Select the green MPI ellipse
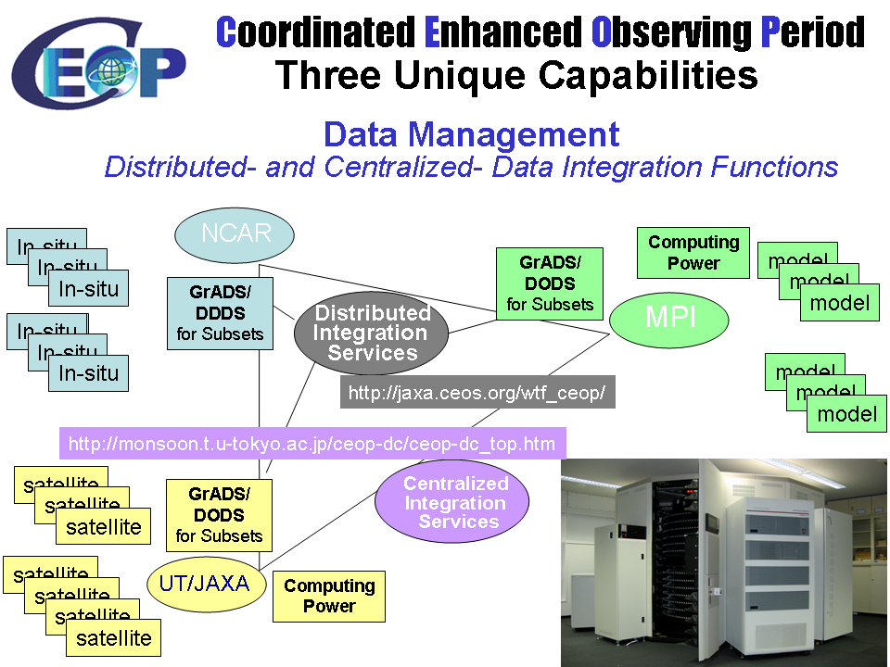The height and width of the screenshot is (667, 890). click(x=669, y=319)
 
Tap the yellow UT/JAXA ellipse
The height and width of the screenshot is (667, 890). click(x=206, y=585)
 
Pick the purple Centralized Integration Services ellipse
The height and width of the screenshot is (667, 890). click(x=452, y=502)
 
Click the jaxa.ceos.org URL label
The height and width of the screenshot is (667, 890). click(x=477, y=393)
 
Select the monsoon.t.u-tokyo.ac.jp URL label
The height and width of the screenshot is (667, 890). click(x=311, y=444)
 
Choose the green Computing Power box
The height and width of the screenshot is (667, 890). click(x=693, y=252)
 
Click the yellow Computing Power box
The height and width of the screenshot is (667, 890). click(x=329, y=597)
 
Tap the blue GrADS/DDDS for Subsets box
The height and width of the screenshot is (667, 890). click(x=221, y=313)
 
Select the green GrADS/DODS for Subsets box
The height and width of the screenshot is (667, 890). click(x=550, y=282)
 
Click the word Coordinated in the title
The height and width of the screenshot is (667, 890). click(x=315, y=33)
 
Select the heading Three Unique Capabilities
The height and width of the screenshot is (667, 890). click(x=516, y=75)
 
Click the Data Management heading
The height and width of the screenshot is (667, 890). click(x=471, y=135)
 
